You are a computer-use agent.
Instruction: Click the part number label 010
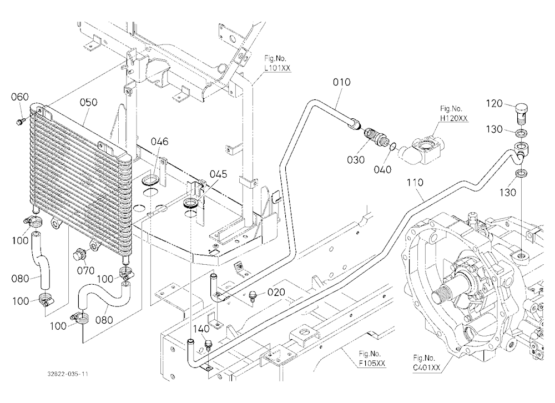point(341,82)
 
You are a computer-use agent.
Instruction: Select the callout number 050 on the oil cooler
point(88,102)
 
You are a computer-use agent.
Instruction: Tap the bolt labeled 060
point(20,122)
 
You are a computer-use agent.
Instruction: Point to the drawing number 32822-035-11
point(68,374)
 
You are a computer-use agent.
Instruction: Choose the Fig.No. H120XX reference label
point(453,113)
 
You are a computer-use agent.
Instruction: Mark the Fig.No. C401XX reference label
point(426,362)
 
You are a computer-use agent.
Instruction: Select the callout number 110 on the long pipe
point(415,183)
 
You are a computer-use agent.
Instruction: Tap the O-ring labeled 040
point(392,146)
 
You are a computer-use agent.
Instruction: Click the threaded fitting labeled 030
point(375,138)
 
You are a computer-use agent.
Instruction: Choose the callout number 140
point(201,329)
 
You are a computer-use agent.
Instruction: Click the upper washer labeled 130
point(521,134)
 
